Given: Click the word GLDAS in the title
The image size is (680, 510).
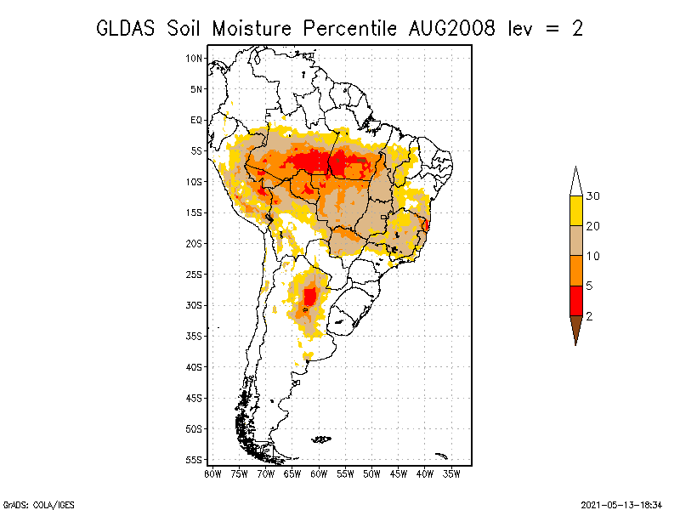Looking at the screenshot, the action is (x=125, y=29).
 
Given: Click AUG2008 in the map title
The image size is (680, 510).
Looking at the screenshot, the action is (x=451, y=29).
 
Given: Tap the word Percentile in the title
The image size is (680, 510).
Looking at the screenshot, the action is (x=349, y=29).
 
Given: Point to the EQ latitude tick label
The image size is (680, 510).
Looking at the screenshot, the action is (x=196, y=120).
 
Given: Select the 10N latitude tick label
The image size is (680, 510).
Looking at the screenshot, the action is (x=194, y=59).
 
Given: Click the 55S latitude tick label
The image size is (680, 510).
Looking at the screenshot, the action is (x=194, y=460).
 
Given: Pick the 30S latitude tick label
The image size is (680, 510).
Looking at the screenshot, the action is (x=194, y=305).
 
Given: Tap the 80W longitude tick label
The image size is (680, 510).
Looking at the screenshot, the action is (x=212, y=474).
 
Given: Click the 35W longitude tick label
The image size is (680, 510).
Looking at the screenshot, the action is (x=451, y=474).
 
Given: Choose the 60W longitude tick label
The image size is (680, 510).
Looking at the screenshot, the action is (x=319, y=474).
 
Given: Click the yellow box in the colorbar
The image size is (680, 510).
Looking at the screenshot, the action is (x=576, y=211).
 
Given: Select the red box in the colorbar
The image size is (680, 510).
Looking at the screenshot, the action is (x=576, y=301).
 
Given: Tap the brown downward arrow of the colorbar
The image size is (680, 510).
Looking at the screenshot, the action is (x=576, y=330).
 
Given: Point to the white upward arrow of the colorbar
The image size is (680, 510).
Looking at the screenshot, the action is (x=576, y=182).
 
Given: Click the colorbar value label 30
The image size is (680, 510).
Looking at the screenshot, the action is (x=592, y=196).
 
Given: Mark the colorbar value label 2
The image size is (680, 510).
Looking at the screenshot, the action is (x=589, y=316).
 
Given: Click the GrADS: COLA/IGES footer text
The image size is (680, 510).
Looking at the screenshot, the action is (x=38, y=505).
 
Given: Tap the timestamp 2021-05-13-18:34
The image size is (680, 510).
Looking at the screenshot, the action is (x=621, y=505).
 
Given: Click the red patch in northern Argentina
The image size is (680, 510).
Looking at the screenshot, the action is (x=310, y=296).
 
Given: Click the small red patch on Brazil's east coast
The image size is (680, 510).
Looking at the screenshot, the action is (x=427, y=224).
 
